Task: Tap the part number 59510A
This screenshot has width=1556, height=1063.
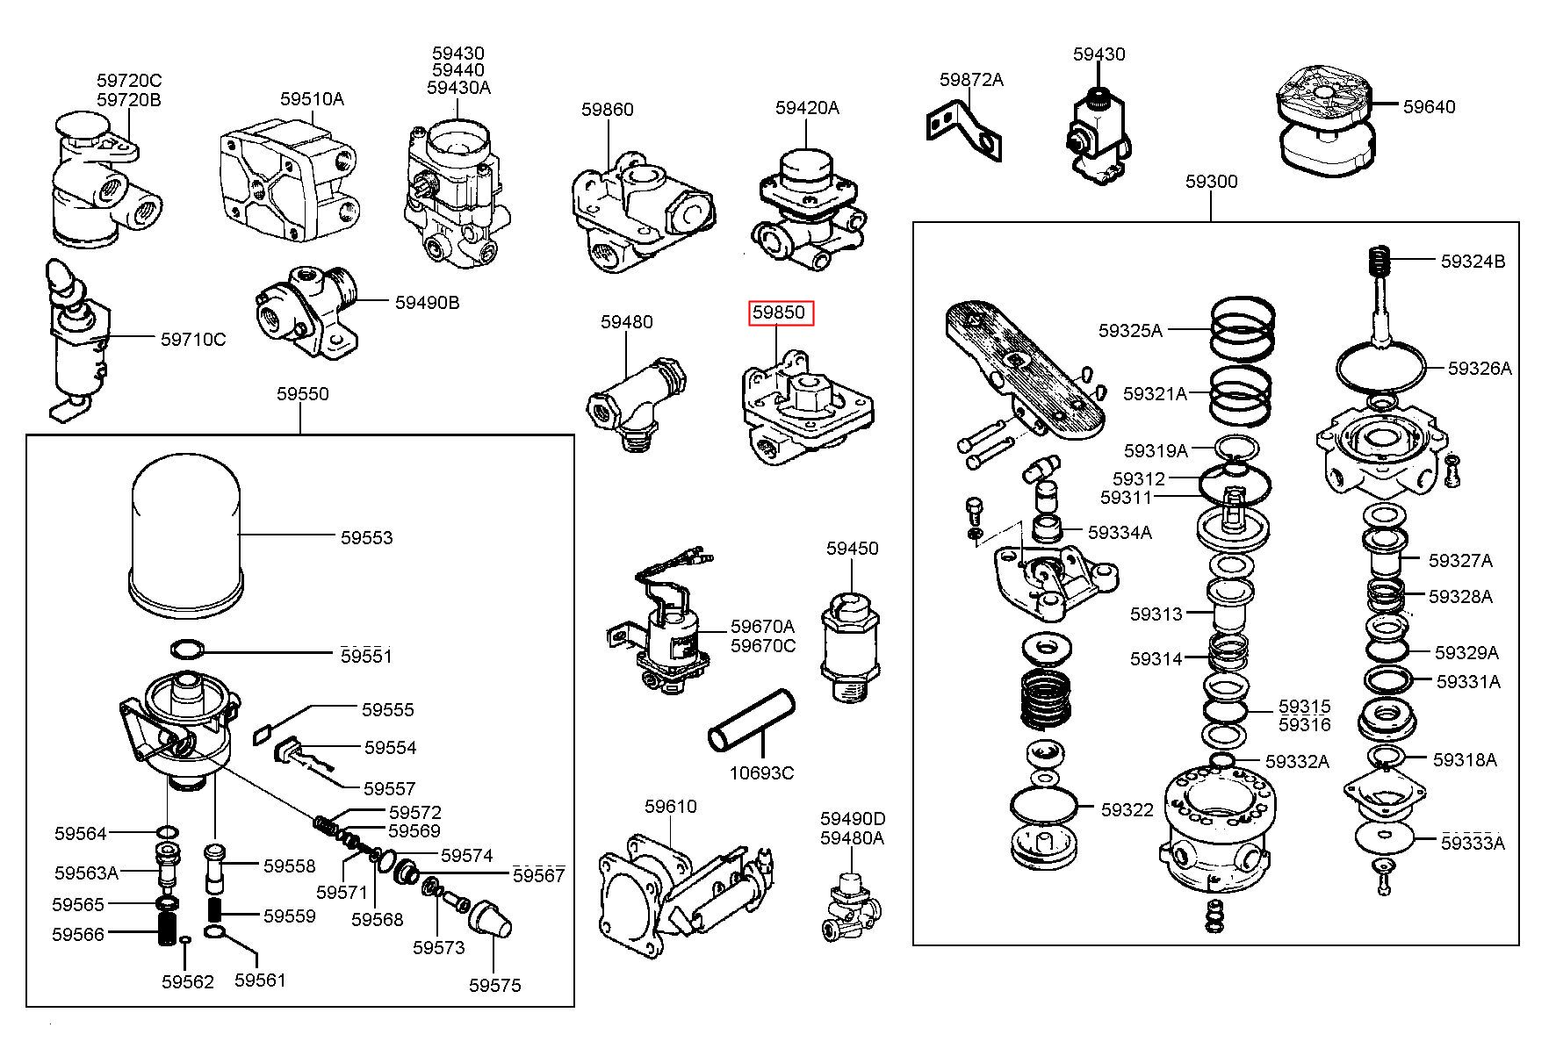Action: [312, 98]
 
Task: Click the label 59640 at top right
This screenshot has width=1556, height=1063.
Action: [1429, 106]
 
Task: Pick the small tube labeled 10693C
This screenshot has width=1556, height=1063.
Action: [752, 722]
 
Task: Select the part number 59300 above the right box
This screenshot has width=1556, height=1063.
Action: [1211, 181]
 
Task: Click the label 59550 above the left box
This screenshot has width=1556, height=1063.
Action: [302, 393]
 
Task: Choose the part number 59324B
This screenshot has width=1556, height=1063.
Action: [1473, 261]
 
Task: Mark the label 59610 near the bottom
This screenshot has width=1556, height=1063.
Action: [670, 806]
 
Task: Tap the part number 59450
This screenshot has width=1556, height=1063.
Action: [852, 549]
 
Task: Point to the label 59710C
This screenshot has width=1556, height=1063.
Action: [193, 339]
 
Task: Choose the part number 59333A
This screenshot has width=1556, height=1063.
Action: [1473, 843]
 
